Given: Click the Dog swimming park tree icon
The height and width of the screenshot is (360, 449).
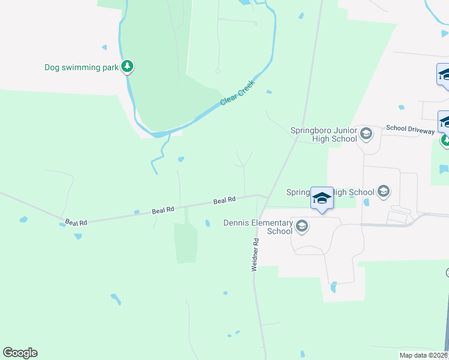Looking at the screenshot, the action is tap(127, 66).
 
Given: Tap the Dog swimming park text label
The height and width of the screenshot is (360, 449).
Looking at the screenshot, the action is tap(82, 67).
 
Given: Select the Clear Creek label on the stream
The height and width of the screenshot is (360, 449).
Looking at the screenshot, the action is tap(238, 92).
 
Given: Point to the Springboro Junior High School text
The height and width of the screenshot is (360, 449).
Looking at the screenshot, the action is tap(324, 134).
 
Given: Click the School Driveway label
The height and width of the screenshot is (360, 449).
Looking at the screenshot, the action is tap(410, 128).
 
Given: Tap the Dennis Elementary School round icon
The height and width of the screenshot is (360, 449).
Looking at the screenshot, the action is tap(301, 226).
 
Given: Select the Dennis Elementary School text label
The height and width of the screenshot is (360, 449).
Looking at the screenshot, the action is tap(258, 227).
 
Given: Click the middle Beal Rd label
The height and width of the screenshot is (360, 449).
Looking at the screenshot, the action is tap(163, 210).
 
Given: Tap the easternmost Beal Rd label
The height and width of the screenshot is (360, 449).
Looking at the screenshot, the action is tap(224, 200).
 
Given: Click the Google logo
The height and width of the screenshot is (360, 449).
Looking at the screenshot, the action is tap(20, 353).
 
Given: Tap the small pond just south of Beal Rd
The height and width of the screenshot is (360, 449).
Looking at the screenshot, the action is tap(207, 223).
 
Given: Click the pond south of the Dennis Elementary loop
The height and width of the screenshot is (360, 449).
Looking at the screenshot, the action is tap(334, 287).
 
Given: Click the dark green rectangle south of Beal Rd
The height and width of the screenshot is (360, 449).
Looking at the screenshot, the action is tap(185, 243).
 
